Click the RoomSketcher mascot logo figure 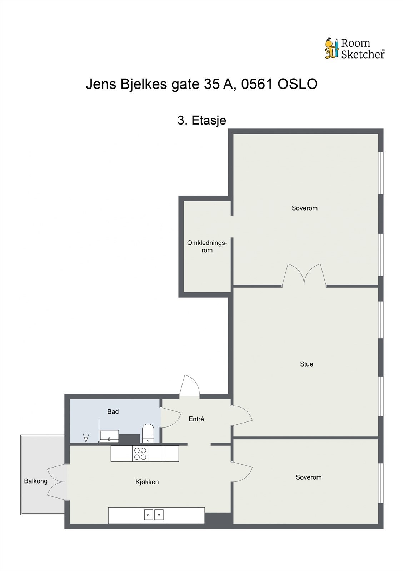(x=331, y=48)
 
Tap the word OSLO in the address (x=297, y=84)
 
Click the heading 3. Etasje (x=202, y=120)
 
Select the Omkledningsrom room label (x=207, y=247)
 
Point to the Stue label (x=306, y=364)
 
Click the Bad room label (x=113, y=411)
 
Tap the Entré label (x=196, y=419)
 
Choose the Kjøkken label (x=147, y=482)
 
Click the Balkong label (x=36, y=481)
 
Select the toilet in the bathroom (x=148, y=433)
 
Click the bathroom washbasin (x=109, y=436)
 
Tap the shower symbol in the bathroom (x=86, y=438)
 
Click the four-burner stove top (x=140, y=454)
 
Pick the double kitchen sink (x=154, y=514)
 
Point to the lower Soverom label (x=308, y=477)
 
